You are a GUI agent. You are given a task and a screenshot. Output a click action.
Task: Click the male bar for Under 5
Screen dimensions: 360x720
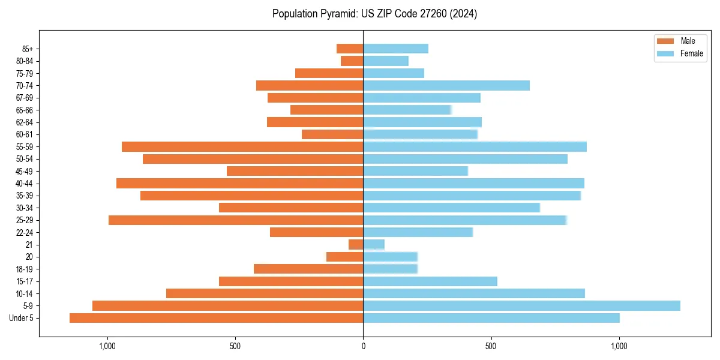pos(216,318)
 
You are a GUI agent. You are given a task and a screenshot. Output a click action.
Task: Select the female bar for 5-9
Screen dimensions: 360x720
pos(521,306)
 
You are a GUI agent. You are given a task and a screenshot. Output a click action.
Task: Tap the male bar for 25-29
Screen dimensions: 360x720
pos(236,220)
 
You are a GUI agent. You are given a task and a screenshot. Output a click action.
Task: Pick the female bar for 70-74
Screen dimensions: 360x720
pos(446,86)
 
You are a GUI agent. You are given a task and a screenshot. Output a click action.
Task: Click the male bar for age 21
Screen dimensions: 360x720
pos(356,245)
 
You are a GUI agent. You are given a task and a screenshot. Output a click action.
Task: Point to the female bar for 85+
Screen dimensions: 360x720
pos(395,49)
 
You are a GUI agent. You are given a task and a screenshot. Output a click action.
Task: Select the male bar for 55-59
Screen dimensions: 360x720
pos(242,147)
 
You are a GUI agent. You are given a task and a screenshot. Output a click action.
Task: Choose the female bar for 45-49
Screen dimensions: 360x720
pos(415,172)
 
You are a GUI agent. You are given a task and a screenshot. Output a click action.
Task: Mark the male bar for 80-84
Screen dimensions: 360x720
pos(352,61)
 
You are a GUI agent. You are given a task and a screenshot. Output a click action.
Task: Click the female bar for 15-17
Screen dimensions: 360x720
pos(430,281)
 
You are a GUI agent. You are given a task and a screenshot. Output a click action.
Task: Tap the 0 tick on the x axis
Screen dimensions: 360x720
pos(363,346)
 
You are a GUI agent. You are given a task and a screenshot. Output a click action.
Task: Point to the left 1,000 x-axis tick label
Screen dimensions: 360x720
pos(107,346)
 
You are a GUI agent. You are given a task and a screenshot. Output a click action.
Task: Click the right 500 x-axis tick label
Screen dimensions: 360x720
pos(491,346)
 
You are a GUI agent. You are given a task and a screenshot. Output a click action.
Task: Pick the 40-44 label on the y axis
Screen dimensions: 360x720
pos(25,184)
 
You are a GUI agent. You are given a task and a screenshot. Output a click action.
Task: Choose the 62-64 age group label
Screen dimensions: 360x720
pos(25,122)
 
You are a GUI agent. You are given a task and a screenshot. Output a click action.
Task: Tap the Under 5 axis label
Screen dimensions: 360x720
pos(22,318)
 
